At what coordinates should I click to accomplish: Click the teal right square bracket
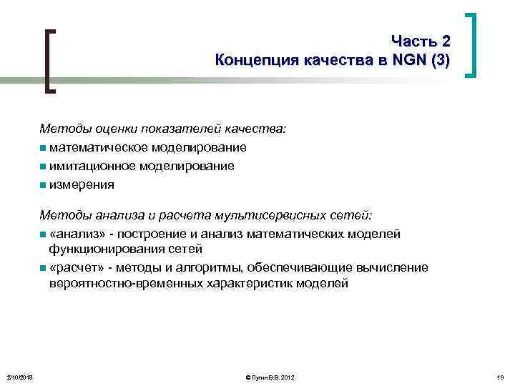click(471, 44)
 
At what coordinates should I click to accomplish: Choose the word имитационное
click(91, 166)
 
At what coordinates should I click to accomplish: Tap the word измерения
click(82, 184)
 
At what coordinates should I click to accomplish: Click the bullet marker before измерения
click(44, 185)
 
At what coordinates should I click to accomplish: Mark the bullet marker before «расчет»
click(44, 268)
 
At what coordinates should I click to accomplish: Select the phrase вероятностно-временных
click(122, 284)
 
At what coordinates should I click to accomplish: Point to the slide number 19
click(499, 377)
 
